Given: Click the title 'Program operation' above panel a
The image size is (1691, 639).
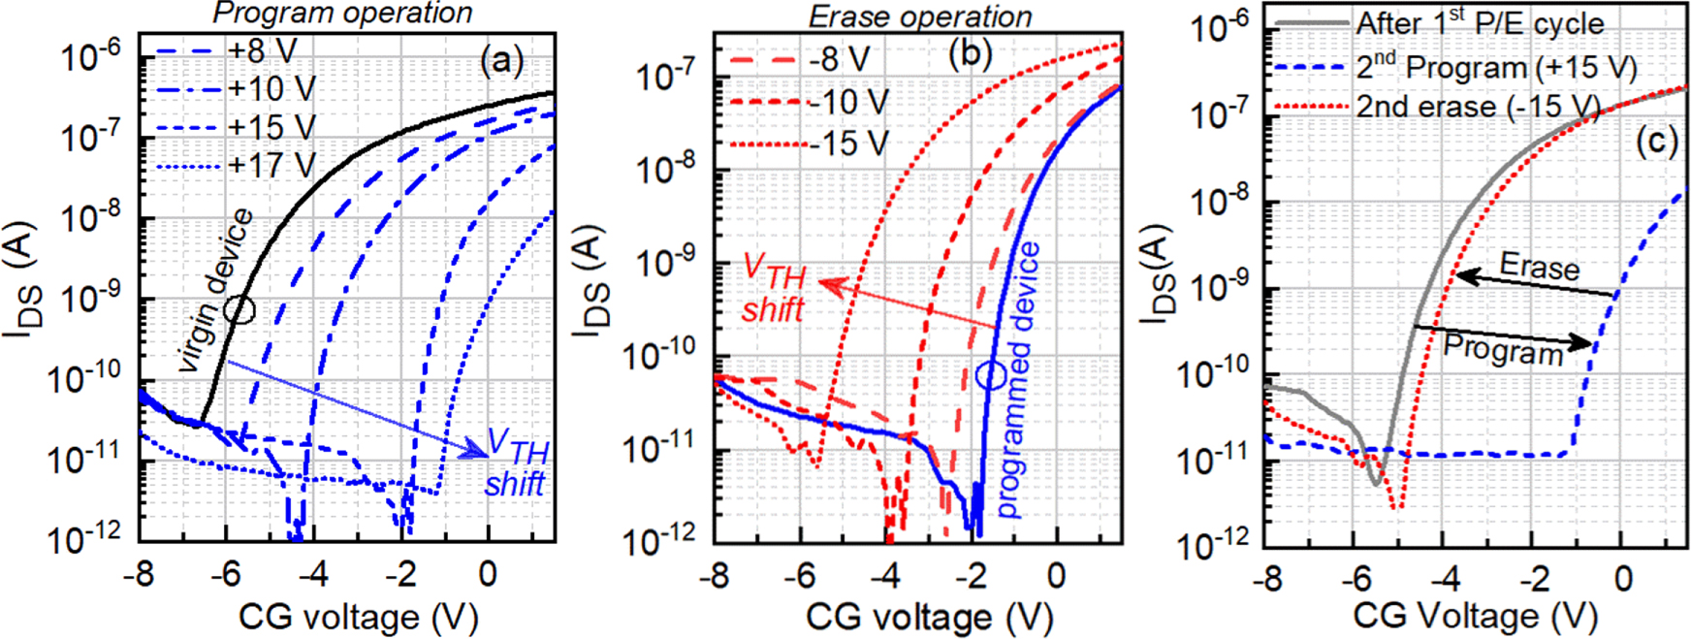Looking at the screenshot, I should pyautogui.click(x=342, y=14).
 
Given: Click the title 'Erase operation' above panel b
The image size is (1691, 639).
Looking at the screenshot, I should pyautogui.click(x=920, y=16).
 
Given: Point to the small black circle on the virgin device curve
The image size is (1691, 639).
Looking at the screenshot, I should pyautogui.click(x=239, y=309).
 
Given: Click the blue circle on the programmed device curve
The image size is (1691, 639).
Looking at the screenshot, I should pyautogui.click(x=991, y=375).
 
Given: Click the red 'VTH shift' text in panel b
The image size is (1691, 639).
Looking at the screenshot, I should pyautogui.click(x=774, y=290).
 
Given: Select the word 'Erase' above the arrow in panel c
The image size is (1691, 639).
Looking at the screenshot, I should pyautogui.click(x=1539, y=266).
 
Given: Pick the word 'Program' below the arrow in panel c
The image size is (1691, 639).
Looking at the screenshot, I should pyautogui.click(x=1503, y=348).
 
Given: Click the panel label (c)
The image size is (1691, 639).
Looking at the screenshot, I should pyautogui.click(x=1656, y=143).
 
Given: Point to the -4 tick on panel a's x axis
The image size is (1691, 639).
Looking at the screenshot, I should pyautogui.click(x=312, y=574).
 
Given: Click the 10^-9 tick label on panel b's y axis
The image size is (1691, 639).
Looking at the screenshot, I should pyautogui.click(x=666, y=262).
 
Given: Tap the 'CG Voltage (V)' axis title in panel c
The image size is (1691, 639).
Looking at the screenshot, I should pyautogui.click(x=1474, y=615).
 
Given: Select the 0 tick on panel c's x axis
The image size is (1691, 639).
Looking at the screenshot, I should pyautogui.click(x=1623, y=579).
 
